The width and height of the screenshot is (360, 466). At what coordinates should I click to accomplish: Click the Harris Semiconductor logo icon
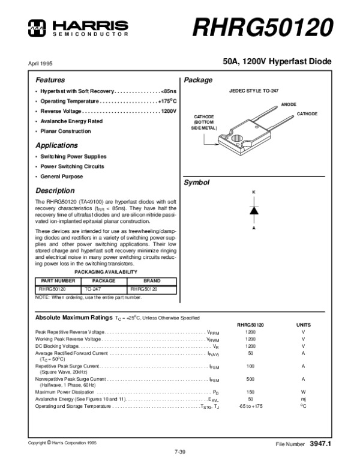(38, 26)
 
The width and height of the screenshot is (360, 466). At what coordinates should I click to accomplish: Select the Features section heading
(50, 80)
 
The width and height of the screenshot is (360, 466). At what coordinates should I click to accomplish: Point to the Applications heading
(56, 145)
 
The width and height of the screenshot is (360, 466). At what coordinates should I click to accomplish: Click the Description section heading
(55, 190)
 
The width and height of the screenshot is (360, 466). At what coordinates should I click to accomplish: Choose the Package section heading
(196, 80)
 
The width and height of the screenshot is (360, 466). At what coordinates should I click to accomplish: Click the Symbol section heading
(195, 182)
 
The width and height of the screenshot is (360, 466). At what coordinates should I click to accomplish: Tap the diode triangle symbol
(254, 210)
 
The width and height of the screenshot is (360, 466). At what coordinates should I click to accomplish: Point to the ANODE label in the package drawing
(289, 104)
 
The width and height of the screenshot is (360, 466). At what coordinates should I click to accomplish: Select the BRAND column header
(152, 280)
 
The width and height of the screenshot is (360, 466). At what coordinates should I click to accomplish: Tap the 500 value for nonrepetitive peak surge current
(251, 379)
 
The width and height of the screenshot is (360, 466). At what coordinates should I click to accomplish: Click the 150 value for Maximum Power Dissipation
(251, 392)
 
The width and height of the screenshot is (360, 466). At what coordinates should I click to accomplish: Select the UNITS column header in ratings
(303, 324)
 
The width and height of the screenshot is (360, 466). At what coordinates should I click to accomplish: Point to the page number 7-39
(180, 451)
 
